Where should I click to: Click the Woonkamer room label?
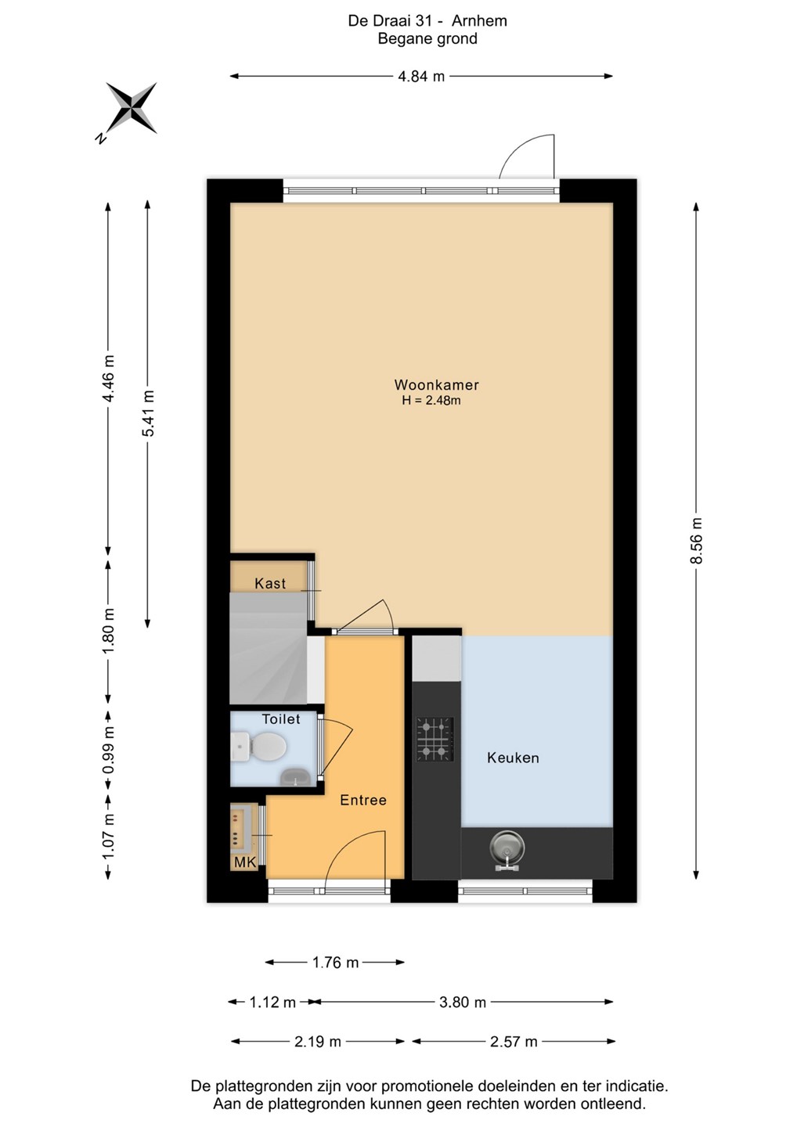pyautogui.click(x=436, y=385)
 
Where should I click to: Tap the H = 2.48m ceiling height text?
pyautogui.click(x=431, y=401)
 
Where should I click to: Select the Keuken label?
pyautogui.click(x=513, y=758)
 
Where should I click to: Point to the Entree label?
pyautogui.click(x=362, y=800)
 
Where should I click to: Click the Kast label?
pyautogui.click(x=269, y=583)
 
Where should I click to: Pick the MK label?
pyautogui.click(x=245, y=862)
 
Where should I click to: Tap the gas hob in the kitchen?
pyautogui.click(x=435, y=739)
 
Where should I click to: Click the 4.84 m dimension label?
pyautogui.click(x=421, y=76)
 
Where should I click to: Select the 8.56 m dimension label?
pyautogui.click(x=696, y=541)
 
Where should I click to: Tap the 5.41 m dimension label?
pyautogui.click(x=147, y=413)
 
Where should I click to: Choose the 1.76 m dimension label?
pyautogui.click(x=335, y=963)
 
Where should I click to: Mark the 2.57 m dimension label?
pyautogui.click(x=514, y=1042)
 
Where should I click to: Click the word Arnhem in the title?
pyautogui.click(x=479, y=21)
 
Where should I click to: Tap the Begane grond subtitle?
pyautogui.click(x=427, y=39)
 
